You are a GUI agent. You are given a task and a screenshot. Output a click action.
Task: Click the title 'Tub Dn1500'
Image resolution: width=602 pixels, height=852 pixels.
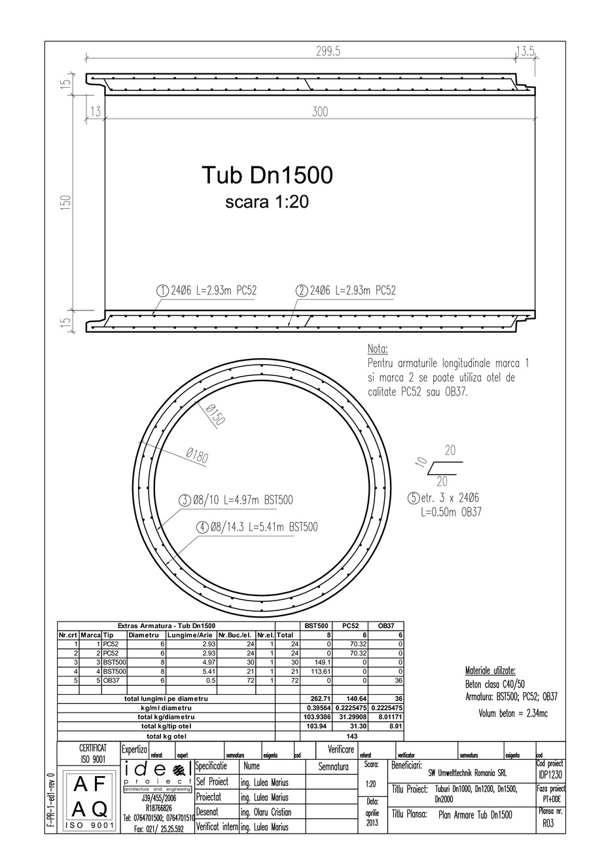coord(267,175)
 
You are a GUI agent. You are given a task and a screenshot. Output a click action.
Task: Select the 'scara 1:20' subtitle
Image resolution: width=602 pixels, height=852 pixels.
coord(267,202)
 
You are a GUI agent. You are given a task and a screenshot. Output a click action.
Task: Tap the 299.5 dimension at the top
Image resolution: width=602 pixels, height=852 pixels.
coord(328,51)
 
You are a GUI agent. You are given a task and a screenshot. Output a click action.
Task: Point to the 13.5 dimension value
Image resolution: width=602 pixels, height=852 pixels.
coord(526,51)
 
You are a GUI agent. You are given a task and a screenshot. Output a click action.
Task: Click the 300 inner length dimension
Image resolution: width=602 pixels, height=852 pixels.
coord(319,112)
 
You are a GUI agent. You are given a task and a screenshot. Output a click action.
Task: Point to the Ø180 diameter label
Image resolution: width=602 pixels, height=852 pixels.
coord(196,455)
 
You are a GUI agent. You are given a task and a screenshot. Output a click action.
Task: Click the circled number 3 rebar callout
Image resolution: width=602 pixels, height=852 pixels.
coord(185,500)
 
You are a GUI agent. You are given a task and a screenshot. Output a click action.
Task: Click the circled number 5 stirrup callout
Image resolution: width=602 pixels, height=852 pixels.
coord(413,498)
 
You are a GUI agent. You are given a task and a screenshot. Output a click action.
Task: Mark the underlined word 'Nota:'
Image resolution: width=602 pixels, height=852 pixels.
coord(378,349)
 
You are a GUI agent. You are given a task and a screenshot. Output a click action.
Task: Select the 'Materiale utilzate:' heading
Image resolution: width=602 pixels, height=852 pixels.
coord(490,671)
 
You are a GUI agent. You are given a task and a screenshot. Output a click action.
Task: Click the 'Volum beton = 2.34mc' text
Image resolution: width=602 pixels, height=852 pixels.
coord(512,713)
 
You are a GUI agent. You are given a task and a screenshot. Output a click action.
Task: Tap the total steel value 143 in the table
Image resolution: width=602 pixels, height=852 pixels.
coord(351,736)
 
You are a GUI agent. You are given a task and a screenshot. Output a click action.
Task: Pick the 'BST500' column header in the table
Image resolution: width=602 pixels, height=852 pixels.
coord(317,626)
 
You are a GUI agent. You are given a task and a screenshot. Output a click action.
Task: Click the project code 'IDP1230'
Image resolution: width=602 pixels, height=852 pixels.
coord(550,774)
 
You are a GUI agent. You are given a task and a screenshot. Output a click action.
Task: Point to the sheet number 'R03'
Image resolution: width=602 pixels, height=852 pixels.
coord(548,824)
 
